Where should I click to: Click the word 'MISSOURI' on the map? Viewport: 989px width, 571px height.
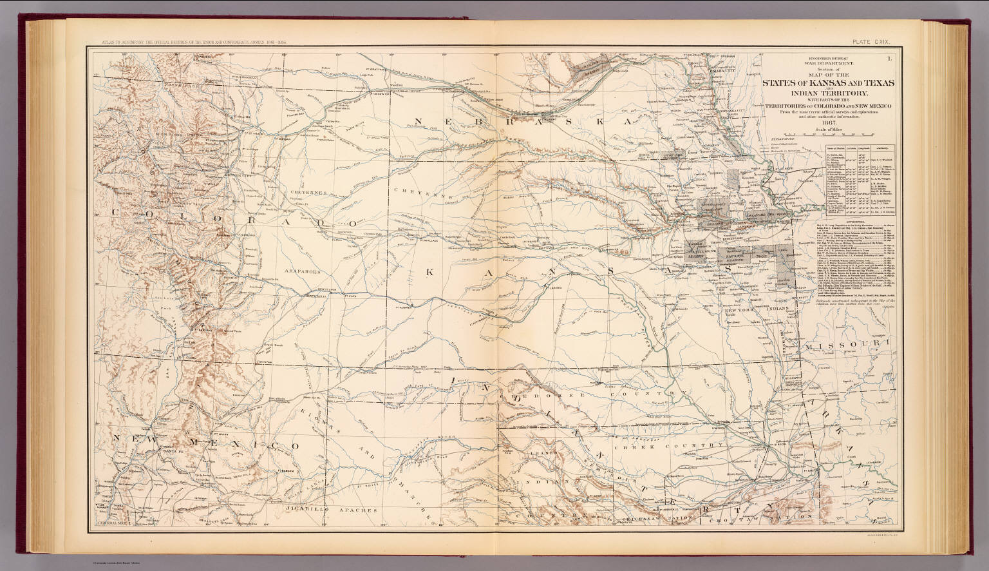coord(850,347)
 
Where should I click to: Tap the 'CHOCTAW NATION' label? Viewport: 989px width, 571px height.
coord(780,517)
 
